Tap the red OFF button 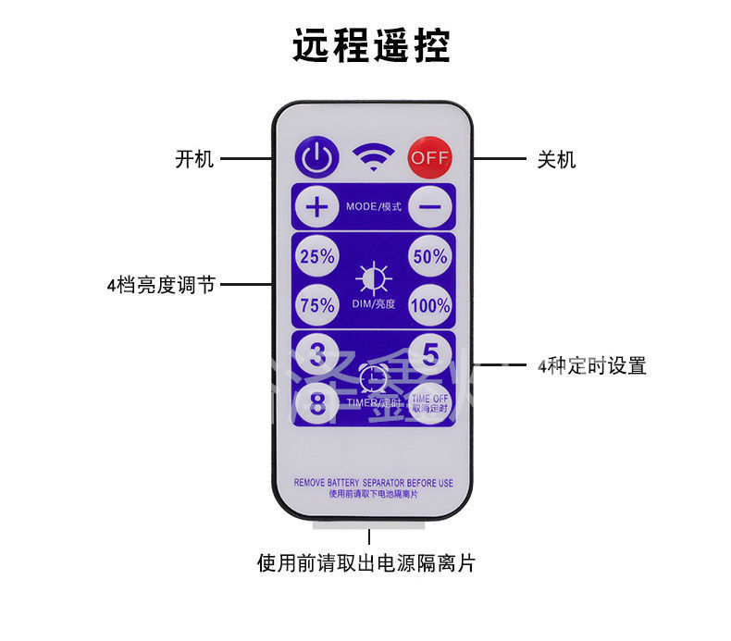(428, 157)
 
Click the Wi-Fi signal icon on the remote (372, 158)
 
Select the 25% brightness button (316, 258)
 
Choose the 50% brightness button (429, 258)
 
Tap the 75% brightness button (316, 305)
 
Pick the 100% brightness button (429, 305)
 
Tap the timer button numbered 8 (317, 402)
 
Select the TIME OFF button (428, 402)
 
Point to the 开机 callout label (194, 159)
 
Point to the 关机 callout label (556, 160)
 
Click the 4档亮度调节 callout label (161, 285)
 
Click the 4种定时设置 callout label (591, 365)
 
